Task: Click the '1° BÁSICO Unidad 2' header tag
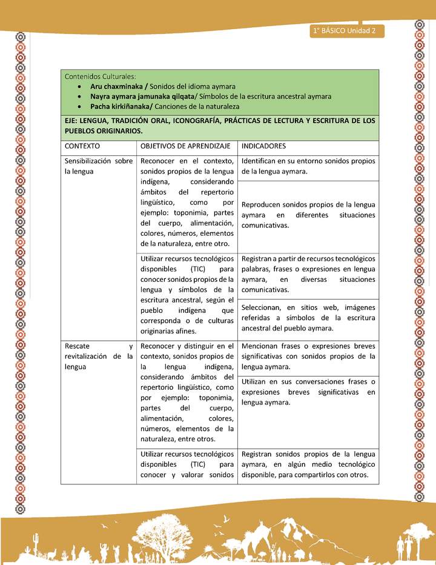click(345, 31)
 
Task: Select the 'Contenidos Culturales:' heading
click(101, 76)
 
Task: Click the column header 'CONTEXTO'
click(82, 146)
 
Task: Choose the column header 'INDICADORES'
click(263, 146)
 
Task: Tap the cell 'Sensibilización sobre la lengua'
click(99, 166)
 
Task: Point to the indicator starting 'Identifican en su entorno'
click(308, 166)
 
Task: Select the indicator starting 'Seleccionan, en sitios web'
click(308, 318)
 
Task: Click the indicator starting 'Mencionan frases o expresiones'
click(308, 356)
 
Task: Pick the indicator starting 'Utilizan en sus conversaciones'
click(308, 392)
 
